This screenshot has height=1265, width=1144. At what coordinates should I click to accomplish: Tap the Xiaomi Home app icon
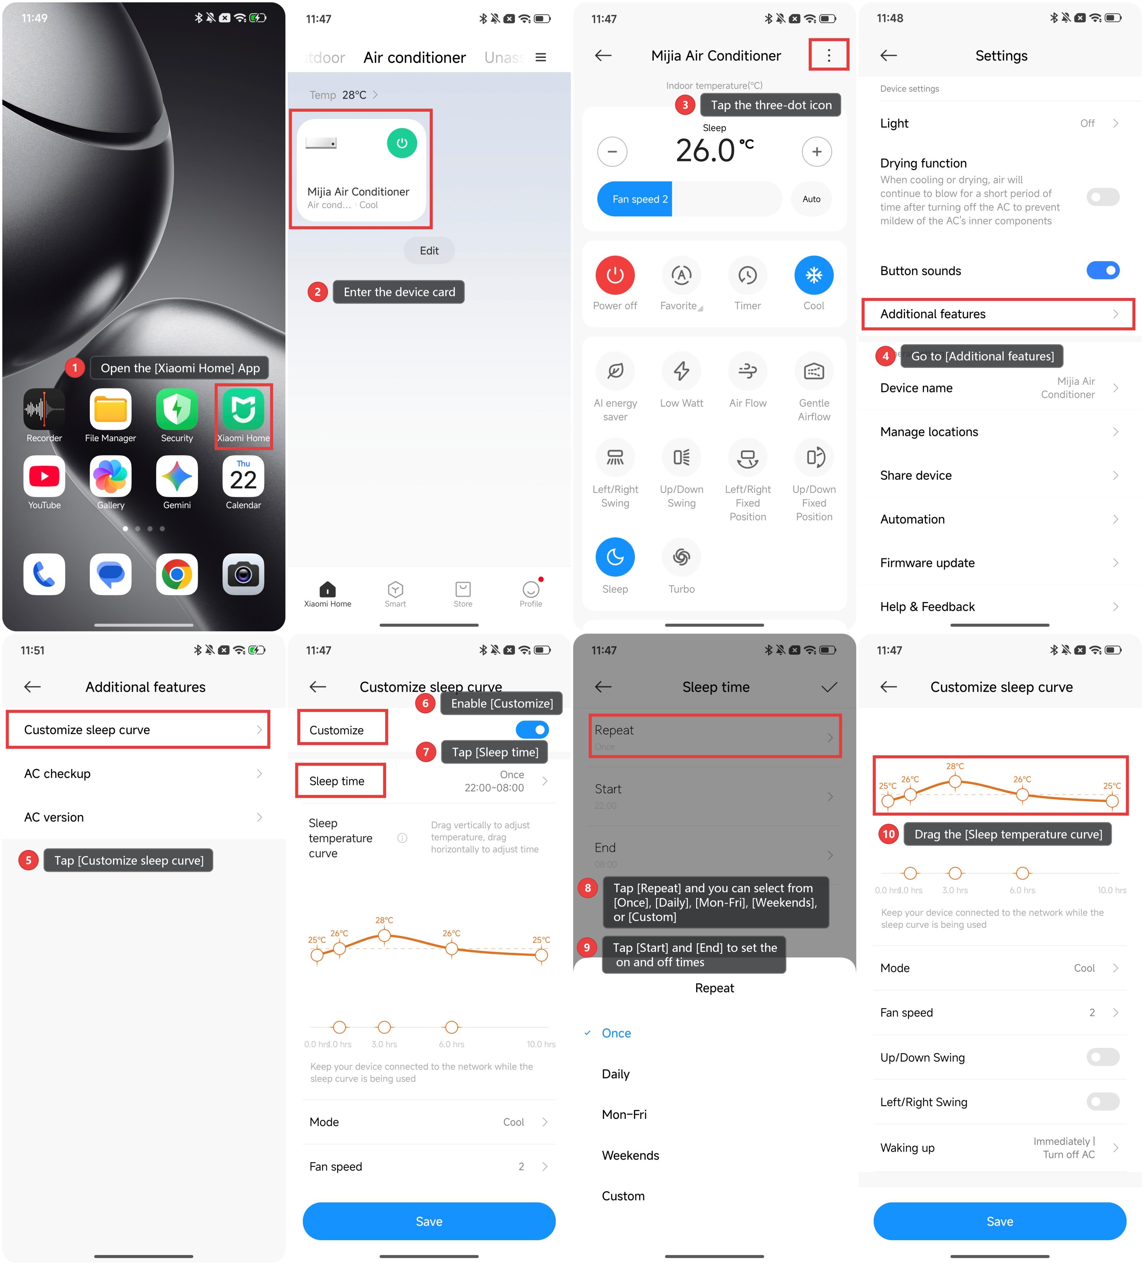click(x=243, y=409)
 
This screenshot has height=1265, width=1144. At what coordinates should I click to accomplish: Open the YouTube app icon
click(x=44, y=476)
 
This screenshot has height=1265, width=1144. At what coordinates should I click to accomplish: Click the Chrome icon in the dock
click(x=177, y=574)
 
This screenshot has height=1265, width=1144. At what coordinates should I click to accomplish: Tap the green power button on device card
click(x=402, y=143)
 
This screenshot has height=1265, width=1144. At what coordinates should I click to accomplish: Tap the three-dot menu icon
click(x=828, y=55)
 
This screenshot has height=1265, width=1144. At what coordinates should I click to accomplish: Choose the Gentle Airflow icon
click(x=814, y=371)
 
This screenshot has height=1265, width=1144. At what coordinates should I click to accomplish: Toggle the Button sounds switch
click(x=1103, y=270)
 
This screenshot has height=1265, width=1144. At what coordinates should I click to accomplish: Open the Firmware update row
click(x=1000, y=563)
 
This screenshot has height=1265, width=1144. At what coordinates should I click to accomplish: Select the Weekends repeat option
click(x=630, y=1155)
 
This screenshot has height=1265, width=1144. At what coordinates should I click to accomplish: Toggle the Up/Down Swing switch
click(x=1103, y=1057)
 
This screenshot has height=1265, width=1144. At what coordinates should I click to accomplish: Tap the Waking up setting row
click(x=1000, y=1148)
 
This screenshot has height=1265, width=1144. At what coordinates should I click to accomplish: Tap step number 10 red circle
click(x=889, y=834)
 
